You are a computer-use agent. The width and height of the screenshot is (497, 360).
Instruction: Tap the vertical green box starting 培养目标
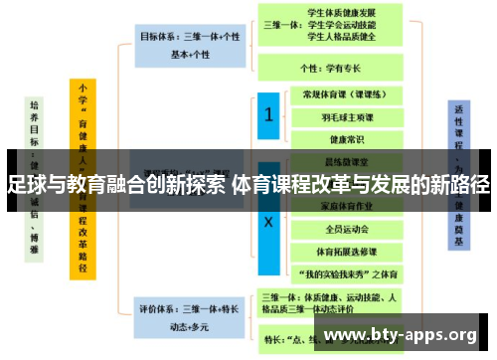pos(36,169)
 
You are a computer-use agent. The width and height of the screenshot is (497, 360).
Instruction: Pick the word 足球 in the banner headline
pos(25,186)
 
